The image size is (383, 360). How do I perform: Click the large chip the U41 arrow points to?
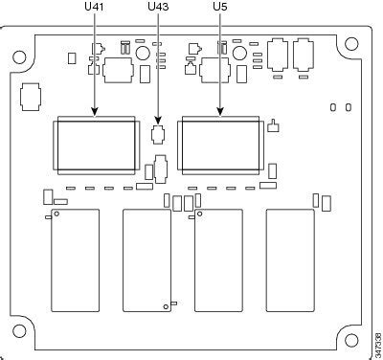coord(96,146)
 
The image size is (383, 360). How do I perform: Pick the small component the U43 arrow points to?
coord(159,134)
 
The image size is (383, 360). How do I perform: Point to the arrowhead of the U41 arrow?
coord(94,116)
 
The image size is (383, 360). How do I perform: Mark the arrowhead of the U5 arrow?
coord(221,116)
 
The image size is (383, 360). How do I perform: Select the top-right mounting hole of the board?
coord(353,43)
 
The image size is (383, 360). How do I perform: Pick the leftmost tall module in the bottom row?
coord(76,260)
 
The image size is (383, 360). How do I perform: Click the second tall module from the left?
coord(146,260)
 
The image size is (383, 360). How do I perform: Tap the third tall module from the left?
coord(218,260)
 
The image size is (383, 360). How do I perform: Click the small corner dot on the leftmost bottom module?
coord(56,216)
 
